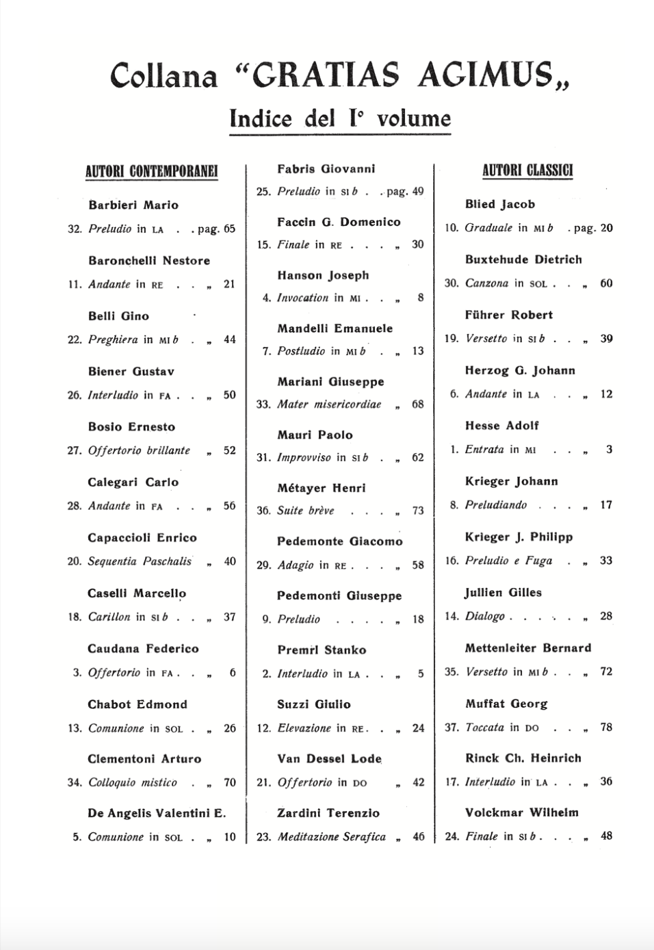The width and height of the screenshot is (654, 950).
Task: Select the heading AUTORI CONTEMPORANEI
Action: click(x=151, y=171)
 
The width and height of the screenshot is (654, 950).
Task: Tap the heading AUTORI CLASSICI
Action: click(x=527, y=170)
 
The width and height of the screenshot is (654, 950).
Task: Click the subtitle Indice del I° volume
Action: click(x=340, y=118)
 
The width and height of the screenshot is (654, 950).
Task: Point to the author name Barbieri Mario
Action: click(x=133, y=205)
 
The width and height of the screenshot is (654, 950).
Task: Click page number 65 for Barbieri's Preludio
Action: click(x=229, y=229)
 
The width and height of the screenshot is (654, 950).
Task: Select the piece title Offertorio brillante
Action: click(x=139, y=450)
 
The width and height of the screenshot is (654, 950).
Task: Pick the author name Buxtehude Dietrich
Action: click(x=523, y=259)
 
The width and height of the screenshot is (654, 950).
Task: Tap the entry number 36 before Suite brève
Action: click(x=263, y=511)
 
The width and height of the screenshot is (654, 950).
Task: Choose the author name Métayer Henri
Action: click(x=321, y=488)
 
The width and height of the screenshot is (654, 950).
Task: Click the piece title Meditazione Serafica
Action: click(x=331, y=836)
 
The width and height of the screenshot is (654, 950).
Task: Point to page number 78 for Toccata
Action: click(x=606, y=727)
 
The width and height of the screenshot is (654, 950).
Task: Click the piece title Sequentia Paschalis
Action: click(x=140, y=561)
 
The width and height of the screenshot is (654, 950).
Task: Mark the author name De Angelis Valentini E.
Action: click(x=157, y=813)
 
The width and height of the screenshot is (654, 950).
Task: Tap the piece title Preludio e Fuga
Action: click(x=508, y=561)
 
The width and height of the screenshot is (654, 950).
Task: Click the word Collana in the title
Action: click(x=163, y=76)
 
